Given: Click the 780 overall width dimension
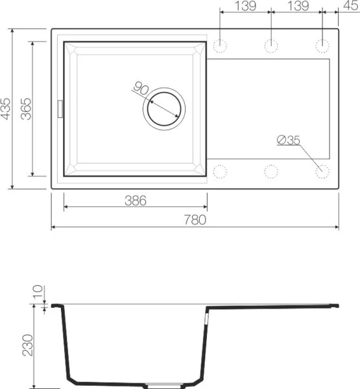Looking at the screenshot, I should tap(195, 220).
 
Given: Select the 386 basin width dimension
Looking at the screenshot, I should tap(135, 201).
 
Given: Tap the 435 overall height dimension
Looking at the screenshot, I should tap(6, 108).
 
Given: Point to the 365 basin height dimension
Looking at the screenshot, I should tap(25, 108).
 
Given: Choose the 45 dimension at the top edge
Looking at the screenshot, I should tap(348, 6).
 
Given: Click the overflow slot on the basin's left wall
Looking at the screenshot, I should tap(61, 108).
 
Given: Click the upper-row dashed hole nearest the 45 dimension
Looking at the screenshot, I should tap(322, 46).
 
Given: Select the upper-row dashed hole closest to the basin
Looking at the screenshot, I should tap(221, 46).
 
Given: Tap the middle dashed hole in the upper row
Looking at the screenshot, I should tap(270, 46).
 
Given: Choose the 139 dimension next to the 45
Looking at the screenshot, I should tap(296, 6).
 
